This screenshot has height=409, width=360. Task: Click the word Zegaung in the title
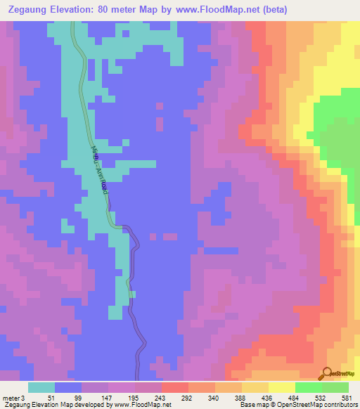coord(29,10)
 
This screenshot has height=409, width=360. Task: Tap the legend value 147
coord(104,398)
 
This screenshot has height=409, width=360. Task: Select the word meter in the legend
coord(11,398)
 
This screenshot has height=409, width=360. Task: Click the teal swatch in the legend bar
coord(41,387)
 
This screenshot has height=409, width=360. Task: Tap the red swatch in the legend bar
coord(175,387)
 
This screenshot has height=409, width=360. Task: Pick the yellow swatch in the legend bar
coord(282,387)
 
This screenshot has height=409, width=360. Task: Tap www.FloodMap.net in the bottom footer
coord(140,405)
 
